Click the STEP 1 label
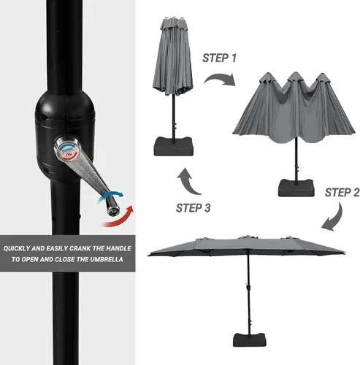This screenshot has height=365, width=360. (219, 58)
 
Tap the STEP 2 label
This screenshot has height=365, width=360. (342, 193)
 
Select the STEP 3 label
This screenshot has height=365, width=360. (194, 208)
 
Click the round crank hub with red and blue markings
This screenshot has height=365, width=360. (67, 149)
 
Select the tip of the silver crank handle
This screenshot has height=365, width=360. (113, 210)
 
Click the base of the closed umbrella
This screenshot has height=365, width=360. (174, 147)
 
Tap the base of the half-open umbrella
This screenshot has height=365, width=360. (296, 188)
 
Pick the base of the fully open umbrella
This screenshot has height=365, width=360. (250, 340)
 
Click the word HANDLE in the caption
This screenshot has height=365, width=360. (118, 248)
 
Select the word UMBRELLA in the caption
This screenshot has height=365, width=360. (107, 259)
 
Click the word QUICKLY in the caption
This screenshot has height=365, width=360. (16, 248)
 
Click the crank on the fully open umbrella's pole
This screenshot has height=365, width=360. (248, 287)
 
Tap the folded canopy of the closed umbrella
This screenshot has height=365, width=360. (173, 56)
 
